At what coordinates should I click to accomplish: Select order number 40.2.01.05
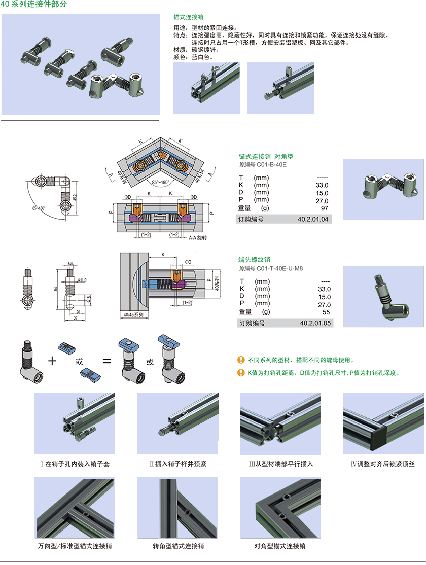coord(315,323)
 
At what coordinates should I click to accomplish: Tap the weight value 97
coord(325,208)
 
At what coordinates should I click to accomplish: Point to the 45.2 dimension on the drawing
coord(75,196)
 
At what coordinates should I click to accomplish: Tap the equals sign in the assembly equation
coord(107,361)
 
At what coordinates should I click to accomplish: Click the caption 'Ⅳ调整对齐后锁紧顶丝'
coord(382,464)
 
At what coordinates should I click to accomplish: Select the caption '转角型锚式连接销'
coord(178,546)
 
